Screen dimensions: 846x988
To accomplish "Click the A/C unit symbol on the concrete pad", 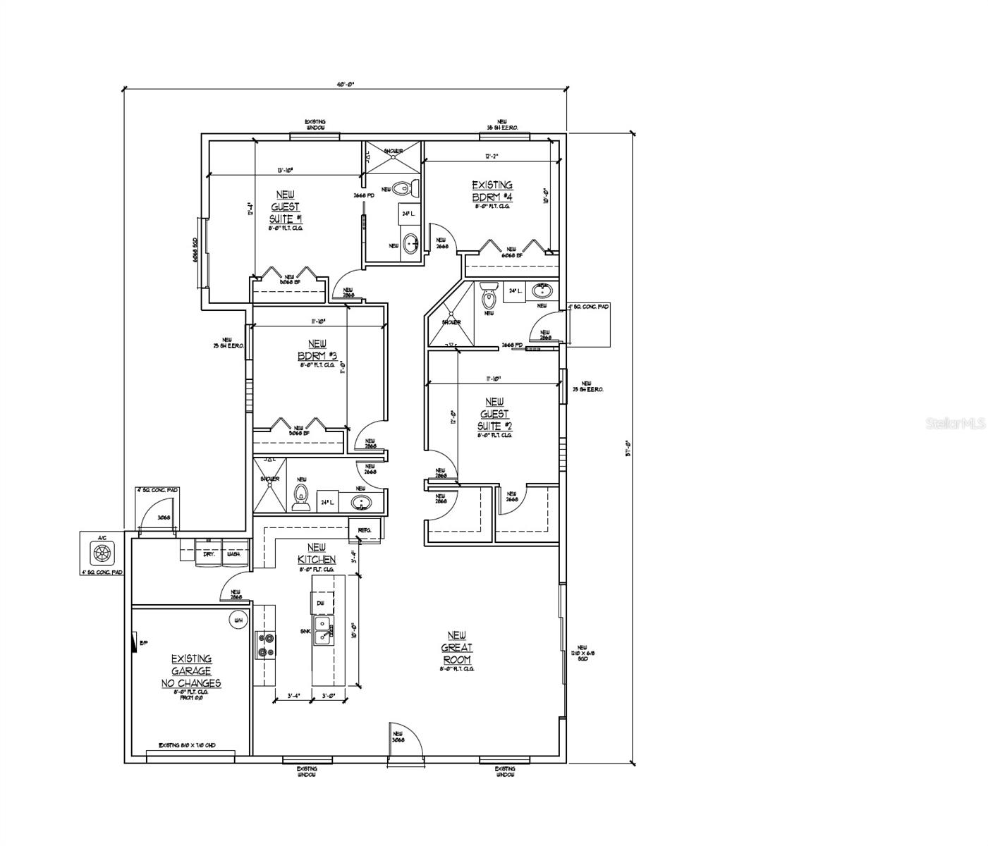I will pyautogui.click(x=103, y=551).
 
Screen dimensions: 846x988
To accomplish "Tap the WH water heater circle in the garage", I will pyautogui.click(x=238, y=620).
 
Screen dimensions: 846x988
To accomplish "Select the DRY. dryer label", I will pyautogui.click(x=209, y=554).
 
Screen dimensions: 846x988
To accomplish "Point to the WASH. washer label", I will pyautogui.click(x=233, y=554).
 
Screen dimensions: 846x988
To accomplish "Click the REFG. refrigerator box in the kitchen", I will pyautogui.click(x=365, y=529).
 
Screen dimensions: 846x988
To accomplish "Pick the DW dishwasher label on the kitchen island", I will pyautogui.click(x=320, y=603).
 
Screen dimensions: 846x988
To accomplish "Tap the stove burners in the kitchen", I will pyautogui.click(x=266, y=644).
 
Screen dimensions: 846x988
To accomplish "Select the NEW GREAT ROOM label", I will pyautogui.click(x=457, y=648).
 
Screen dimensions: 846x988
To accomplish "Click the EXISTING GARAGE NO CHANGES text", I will pyautogui.click(x=191, y=671).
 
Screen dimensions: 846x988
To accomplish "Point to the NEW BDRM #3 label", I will pyautogui.click(x=317, y=350).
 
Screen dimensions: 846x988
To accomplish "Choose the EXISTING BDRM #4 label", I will pyautogui.click(x=492, y=191).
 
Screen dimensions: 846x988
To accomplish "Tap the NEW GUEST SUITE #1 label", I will pyautogui.click(x=286, y=207).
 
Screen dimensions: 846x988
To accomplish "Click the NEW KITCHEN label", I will pyautogui.click(x=317, y=553).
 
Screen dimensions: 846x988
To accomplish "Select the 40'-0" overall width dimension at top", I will pyautogui.click(x=346, y=84).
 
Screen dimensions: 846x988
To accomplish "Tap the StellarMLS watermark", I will pyautogui.click(x=956, y=423).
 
